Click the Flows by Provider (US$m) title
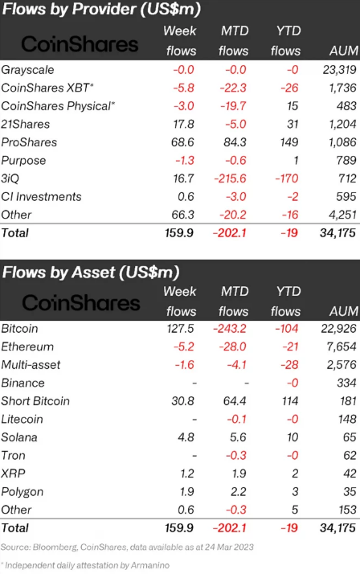pos(101,9)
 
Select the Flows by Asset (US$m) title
pos(91,273)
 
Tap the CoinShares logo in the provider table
pos(80,44)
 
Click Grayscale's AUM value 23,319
pos(339,70)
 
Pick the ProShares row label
pos(29,142)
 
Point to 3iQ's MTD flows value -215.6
pos(230,178)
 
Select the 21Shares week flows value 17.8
pos(183,124)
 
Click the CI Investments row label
pos(41,197)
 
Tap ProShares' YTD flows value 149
pos(289,142)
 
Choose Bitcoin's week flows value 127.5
pos(180,328)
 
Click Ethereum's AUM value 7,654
pos(342,346)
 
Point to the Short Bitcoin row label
pos(35,401)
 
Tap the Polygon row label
pos(22,492)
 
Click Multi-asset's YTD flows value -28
pos(290,365)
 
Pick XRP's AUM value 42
pos(350,474)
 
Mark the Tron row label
pos(13,455)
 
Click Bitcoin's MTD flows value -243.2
pos(230,328)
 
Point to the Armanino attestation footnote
pos(85,566)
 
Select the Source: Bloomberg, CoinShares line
pos(127,547)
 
